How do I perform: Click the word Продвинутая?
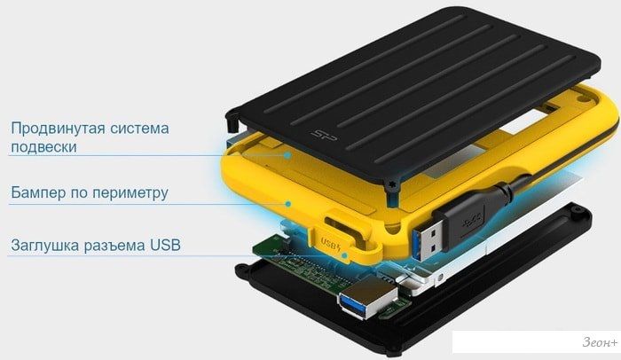pos(58,129)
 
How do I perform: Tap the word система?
pos(139,129)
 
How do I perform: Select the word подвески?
pos(43,147)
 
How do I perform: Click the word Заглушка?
pos(44,245)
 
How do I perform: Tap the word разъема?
pos(114,245)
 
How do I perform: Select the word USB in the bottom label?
pos(165,245)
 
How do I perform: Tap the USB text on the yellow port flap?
pos(331,242)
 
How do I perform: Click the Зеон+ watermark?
pos(600,341)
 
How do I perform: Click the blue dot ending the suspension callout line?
pos(288,155)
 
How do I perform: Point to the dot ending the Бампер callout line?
pos(288,204)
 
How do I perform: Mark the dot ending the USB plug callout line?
pos(344,255)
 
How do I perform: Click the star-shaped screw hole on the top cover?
pos(393,185)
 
